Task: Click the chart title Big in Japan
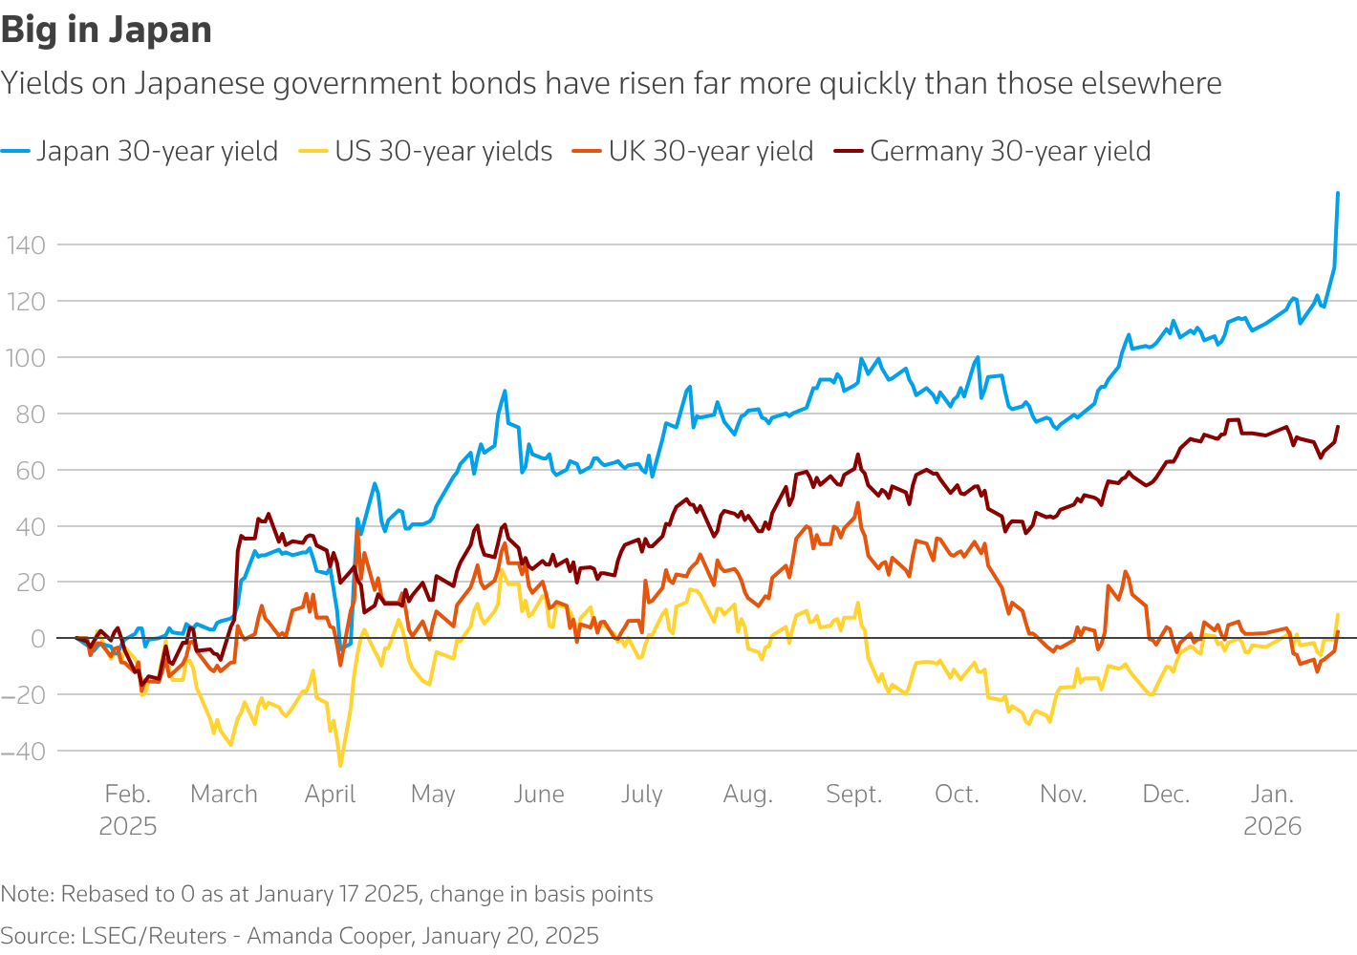point(106,30)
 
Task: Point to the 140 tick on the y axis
point(25,245)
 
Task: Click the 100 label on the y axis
point(25,358)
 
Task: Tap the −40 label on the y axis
point(23,752)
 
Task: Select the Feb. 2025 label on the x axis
point(128,809)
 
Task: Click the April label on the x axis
point(331,795)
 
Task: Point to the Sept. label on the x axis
point(853,795)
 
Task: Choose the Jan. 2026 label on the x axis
point(1273,809)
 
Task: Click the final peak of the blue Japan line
point(1337,193)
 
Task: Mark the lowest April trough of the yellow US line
point(340,765)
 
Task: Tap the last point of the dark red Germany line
point(1338,427)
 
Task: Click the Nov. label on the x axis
point(1063,795)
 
